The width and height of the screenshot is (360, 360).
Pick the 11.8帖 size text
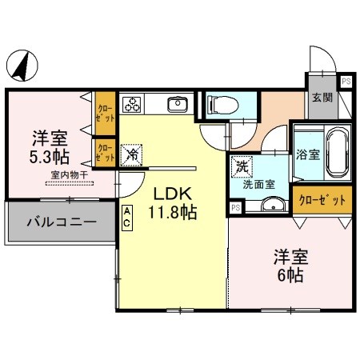click(x=170, y=213)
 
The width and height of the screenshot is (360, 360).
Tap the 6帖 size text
click(x=291, y=274)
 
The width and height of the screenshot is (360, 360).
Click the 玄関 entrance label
click(x=323, y=98)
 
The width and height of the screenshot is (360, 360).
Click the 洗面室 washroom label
click(x=260, y=183)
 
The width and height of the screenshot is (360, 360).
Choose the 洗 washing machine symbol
click(x=241, y=167)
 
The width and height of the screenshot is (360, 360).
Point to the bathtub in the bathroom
click(x=334, y=152)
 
